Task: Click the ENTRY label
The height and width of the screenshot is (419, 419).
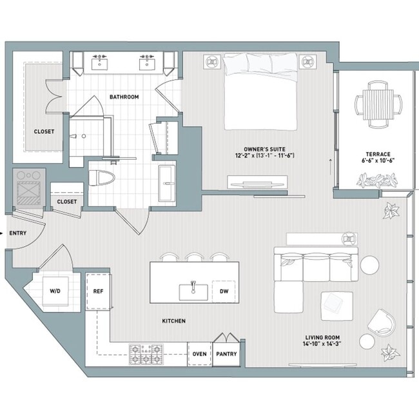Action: tap(17, 233)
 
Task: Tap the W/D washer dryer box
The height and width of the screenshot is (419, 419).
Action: tap(55, 291)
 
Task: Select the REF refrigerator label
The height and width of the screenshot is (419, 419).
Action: tap(98, 291)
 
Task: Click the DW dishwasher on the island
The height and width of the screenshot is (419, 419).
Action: tap(223, 291)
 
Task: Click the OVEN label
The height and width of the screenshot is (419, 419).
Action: tap(200, 354)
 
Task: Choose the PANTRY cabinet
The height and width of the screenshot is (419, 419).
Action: tap(226, 353)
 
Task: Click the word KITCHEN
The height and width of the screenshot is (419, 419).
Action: tap(173, 320)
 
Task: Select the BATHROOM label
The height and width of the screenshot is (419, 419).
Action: tap(124, 97)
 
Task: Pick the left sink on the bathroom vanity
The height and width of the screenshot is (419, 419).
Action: tap(101, 63)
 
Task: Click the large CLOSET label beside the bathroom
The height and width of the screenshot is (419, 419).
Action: tap(44, 132)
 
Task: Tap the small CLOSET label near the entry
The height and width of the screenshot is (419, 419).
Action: tap(66, 202)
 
